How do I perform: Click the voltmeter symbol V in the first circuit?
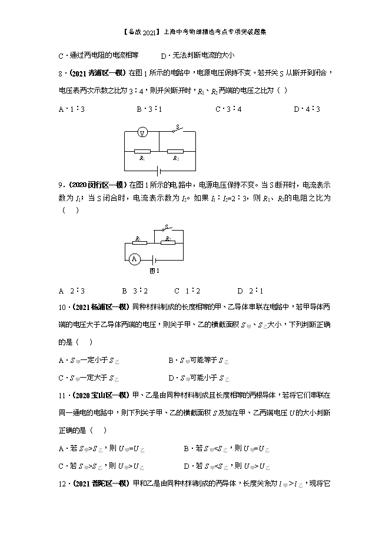[x=141, y=133]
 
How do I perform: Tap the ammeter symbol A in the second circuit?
[x=134, y=258]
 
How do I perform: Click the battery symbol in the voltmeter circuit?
[x=158, y=171]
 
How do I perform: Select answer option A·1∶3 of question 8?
[x=70, y=109]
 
